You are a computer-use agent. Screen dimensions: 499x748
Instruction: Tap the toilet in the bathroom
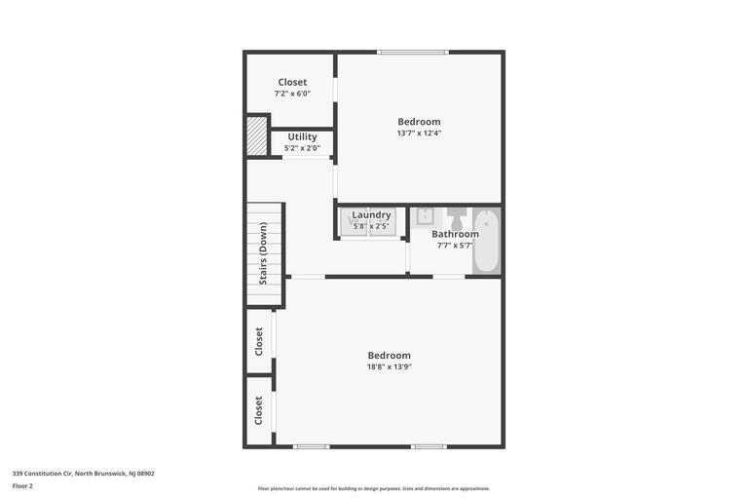click(456, 216)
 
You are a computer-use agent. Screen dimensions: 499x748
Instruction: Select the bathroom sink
click(425, 216)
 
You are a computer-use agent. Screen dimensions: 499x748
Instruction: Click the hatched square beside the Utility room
click(256, 135)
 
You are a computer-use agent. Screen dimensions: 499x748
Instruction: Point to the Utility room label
click(302, 136)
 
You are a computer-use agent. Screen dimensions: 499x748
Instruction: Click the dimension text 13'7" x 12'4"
click(419, 134)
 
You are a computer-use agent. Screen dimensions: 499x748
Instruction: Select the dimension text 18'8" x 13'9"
click(389, 367)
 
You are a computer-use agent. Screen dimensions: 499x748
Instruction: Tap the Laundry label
click(371, 214)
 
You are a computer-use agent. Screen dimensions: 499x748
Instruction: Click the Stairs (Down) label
click(263, 253)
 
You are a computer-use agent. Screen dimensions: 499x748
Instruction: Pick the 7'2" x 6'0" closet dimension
click(292, 94)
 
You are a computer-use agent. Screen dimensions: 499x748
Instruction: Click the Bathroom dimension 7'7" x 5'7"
click(455, 246)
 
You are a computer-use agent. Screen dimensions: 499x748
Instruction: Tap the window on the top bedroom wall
click(413, 52)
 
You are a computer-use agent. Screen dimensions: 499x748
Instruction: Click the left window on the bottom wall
click(312, 446)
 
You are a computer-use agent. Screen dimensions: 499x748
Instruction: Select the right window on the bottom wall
click(429, 446)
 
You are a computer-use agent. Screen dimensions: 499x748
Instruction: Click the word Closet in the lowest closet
click(259, 409)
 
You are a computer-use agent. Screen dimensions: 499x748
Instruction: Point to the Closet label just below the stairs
click(259, 341)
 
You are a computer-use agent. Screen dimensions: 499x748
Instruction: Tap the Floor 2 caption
click(22, 485)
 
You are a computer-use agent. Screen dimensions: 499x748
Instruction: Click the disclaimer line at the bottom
click(374, 488)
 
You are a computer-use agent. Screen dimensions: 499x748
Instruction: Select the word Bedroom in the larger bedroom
click(389, 356)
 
